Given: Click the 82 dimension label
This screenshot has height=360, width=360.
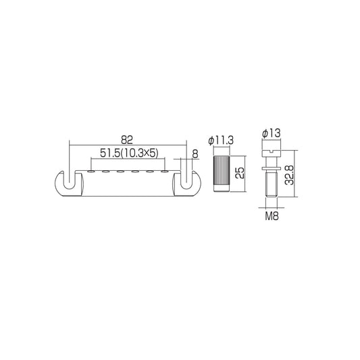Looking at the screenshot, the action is pyautogui.click(x=127, y=140).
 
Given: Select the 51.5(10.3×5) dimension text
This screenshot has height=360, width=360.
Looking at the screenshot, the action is pyautogui.click(x=129, y=153).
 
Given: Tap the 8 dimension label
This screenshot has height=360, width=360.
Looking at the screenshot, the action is pyautogui.click(x=195, y=154).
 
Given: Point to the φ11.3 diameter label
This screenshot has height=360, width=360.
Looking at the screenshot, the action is pyautogui.click(x=221, y=140).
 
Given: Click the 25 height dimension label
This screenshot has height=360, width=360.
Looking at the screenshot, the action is pyautogui.click(x=240, y=173).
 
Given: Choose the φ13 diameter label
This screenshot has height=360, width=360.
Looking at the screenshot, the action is pyautogui.click(x=272, y=133).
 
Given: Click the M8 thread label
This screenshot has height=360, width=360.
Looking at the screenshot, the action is pyautogui.click(x=272, y=216).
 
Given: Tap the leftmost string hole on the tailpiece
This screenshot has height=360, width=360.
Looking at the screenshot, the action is pyautogui.click(x=91, y=172).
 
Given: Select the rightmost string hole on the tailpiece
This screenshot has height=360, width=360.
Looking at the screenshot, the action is pyautogui.click(x=164, y=172).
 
